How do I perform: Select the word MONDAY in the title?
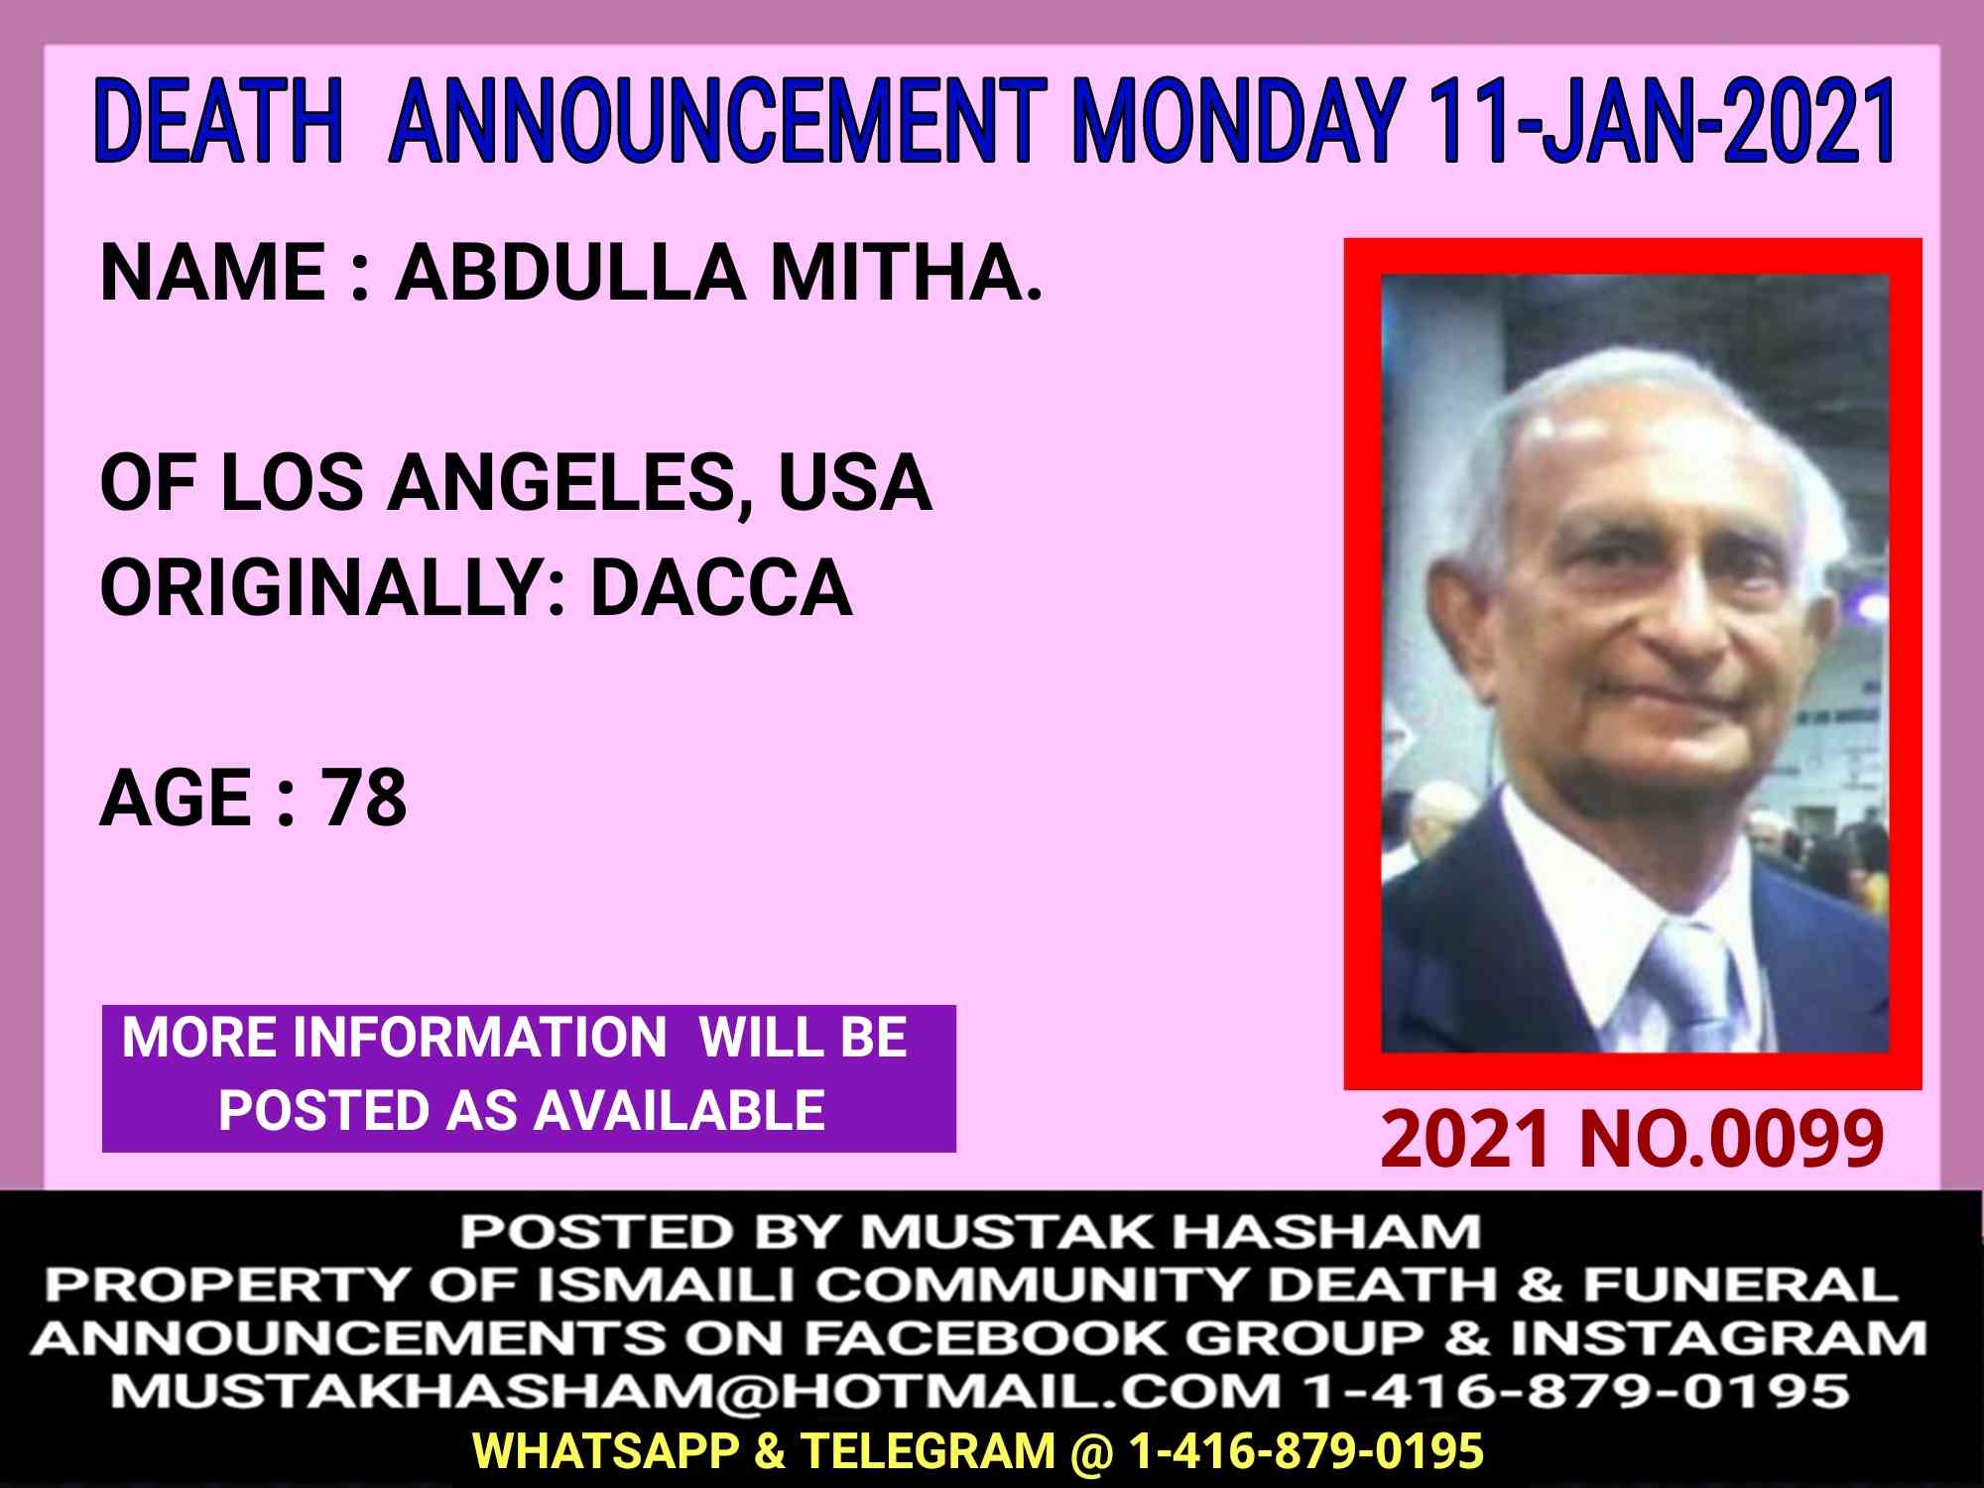[x=1239, y=123]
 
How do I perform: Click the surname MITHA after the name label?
[x=906, y=272]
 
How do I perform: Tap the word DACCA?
[x=721, y=587]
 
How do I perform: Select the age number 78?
[x=363, y=798]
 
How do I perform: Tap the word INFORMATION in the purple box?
[x=479, y=1038]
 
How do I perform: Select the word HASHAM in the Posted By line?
[x=1326, y=1233]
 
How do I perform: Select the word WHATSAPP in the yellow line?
[x=607, y=1450]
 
